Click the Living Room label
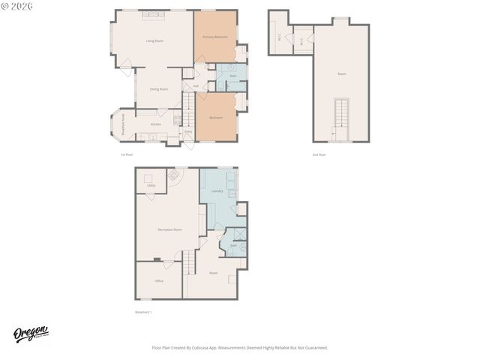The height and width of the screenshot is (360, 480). click(x=154, y=40)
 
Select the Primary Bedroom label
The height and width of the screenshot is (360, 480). click(x=215, y=37)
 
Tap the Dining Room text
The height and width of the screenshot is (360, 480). click(x=158, y=89)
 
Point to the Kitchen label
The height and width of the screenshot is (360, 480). click(x=155, y=124)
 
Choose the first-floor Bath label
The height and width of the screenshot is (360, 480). click(x=232, y=76)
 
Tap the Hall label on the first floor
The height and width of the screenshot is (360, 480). click(x=196, y=85)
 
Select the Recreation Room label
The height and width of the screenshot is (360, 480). click(x=169, y=229)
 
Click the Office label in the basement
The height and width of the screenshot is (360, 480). click(x=159, y=280)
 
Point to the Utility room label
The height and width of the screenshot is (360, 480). click(x=151, y=184)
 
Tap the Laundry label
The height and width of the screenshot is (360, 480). click(x=217, y=191)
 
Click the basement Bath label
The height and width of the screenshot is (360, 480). click(x=233, y=245)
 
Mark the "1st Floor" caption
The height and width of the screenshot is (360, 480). click(x=127, y=154)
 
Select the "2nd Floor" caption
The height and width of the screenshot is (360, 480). click(x=319, y=154)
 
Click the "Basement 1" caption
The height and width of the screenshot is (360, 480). click(x=143, y=311)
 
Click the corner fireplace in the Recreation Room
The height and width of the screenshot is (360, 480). click(x=175, y=175)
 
